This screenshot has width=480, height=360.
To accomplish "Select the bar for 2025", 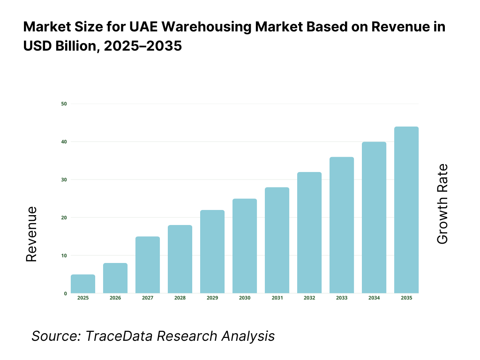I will pos(83,284).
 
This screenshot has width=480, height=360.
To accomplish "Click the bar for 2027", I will pos(148,265).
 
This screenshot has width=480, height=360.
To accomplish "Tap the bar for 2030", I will pos(245,246).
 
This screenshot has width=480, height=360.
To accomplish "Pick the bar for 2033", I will pos(342,225).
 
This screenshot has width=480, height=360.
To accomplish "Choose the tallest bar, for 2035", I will pos(406,210).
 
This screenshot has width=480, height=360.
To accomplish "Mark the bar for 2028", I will pos(180,259).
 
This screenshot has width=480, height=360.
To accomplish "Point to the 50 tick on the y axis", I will pos(64,104).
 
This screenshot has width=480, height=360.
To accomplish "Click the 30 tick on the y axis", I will pos(64,180).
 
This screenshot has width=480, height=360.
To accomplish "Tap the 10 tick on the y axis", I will pos(64,255).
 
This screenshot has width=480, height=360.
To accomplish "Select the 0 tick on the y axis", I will pos(65,293).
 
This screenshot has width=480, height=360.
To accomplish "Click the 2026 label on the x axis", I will pos(115,298).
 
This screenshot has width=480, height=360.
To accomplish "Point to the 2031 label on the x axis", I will pos(277,298).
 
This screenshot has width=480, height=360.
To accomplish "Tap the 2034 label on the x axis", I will pos(374,298).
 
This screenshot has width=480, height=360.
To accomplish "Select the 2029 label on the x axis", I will pos(212,298).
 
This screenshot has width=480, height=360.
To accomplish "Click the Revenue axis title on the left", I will pos(31,234).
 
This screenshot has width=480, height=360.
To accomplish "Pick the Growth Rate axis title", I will pos(442,204).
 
